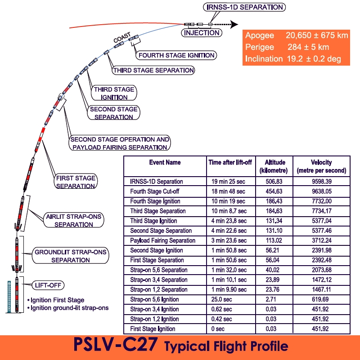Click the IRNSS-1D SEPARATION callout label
(x=244, y=7)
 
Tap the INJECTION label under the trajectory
(x=202, y=33)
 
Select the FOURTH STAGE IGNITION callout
(x=176, y=55)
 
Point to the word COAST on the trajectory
(x=122, y=37)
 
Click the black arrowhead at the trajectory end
(x=234, y=24)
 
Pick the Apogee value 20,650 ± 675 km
(x=317, y=36)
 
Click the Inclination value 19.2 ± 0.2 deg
(x=314, y=59)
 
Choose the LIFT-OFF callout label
(x=48, y=285)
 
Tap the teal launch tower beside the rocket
(x=9, y=297)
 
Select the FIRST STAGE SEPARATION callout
(x=76, y=182)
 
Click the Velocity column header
(x=321, y=166)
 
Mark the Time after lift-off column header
(x=230, y=162)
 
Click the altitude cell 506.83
(x=274, y=182)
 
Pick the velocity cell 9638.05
(x=322, y=191)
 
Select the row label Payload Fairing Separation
(x=162, y=240)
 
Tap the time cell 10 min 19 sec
(x=228, y=201)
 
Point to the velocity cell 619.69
(x=322, y=299)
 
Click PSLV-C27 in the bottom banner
(x=116, y=344)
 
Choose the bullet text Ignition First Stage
(x=58, y=300)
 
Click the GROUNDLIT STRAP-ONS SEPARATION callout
(x=70, y=256)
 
